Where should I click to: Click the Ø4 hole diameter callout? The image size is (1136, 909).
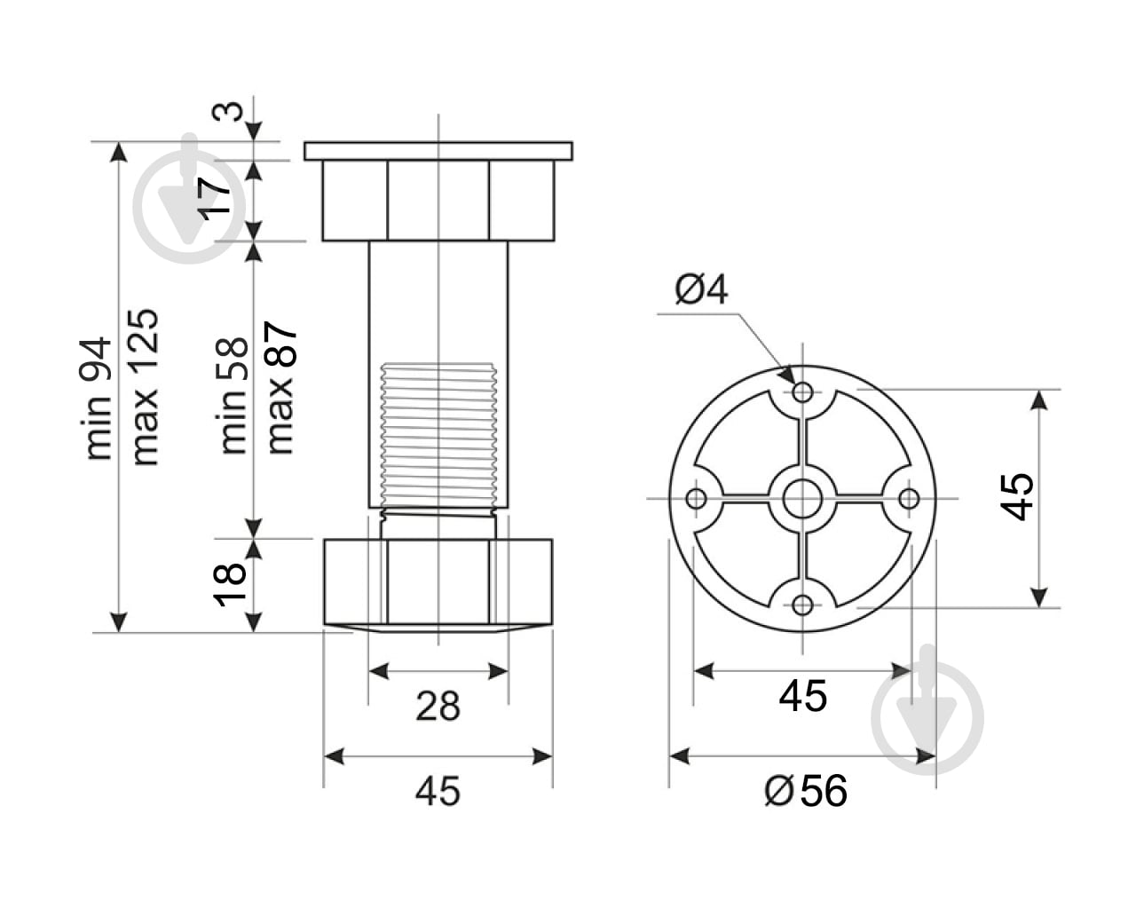tap(701, 290)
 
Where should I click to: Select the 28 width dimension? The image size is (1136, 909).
tap(438, 707)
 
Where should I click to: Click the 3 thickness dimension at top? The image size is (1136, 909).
tap(230, 113)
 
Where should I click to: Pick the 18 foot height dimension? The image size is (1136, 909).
tap(228, 584)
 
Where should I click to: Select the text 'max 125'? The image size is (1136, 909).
tap(144, 387)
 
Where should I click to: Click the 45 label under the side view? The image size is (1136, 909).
tap(438, 791)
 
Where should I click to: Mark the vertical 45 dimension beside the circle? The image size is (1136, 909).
tap(1018, 497)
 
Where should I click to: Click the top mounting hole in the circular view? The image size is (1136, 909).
tap(803, 391)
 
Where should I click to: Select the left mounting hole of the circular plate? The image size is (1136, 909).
tap(697, 498)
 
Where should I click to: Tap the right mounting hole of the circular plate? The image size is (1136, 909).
tap(909, 498)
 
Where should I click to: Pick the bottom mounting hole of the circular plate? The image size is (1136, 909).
tap(803, 605)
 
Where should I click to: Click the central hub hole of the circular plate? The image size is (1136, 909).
tap(803, 498)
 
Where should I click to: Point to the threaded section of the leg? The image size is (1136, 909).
tap(438, 435)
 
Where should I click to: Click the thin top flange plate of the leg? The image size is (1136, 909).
tap(438, 151)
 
